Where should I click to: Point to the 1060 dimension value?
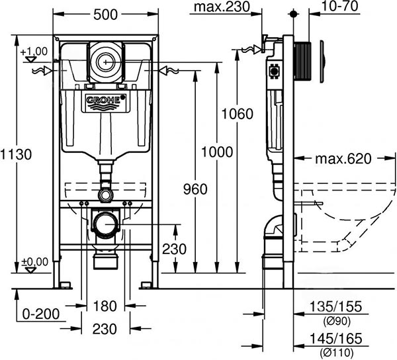coord(238,114)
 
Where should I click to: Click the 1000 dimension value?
coord(216,152)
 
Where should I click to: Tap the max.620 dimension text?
coord(343,159)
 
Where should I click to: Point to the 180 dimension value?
coord(105,307)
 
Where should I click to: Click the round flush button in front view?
coord(105,62)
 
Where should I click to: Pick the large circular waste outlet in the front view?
coord(105,225)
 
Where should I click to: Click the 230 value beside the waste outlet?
coord(175,250)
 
